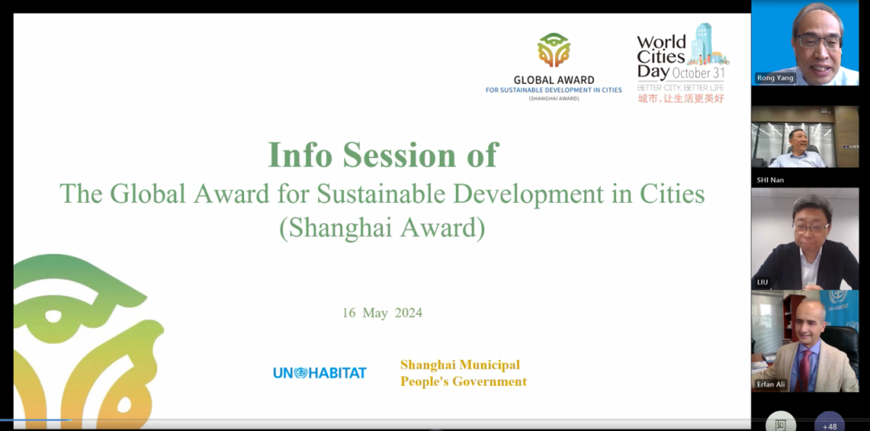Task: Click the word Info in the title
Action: pyautogui.click(x=300, y=155)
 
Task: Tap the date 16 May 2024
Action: pyautogui.click(x=383, y=313)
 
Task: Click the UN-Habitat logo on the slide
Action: pyautogui.click(x=320, y=373)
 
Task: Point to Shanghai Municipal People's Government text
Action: pyautogui.click(x=463, y=373)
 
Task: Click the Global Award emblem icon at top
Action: pyautogui.click(x=553, y=51)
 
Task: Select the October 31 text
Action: pyautogui.click(x=698, y=73)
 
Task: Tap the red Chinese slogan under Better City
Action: pyautogui.click(x=681, y=98)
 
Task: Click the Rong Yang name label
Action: pyautogui.click(x=775, y=78)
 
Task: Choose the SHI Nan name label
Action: pyautogui.click(x=770, y=180)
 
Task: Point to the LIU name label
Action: pyautogui.click(x=762, y=282)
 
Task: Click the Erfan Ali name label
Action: pyautogui.click(x=772, y=384)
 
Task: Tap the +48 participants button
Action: pyautogui.click(x=830, y=424)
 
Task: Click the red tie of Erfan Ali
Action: pyautogui.click(x=804, y=371)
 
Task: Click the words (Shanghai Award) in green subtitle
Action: pyautogui.click(x=383, y=228)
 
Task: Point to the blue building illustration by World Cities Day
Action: pyautogui.click(x=703, y=42)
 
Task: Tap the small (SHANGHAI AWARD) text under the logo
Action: pyautogui.click(x=553, y=99)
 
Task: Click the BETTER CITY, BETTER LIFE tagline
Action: pyautogui.click(x=681, y=87)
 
